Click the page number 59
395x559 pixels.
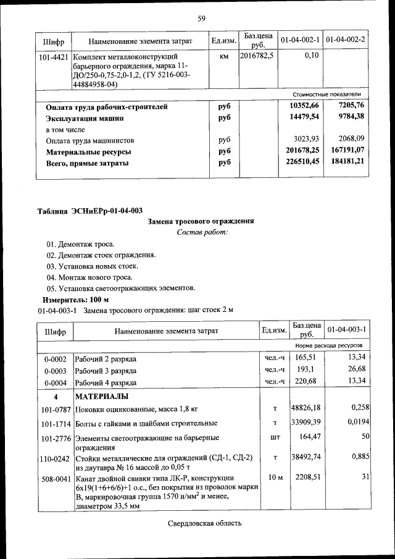pyautogui.click(x=201, y=18)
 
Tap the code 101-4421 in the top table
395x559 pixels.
pyautogui.click(x=54, y=56)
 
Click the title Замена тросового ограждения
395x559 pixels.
pyautogui.click(x=201, y=222)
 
